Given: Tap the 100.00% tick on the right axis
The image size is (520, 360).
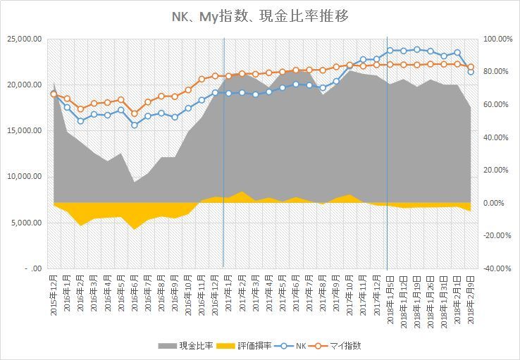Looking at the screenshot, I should [493, 39].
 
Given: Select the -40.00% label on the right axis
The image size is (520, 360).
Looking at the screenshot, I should [493, 268].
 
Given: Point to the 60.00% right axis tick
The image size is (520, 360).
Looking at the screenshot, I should [495, 104].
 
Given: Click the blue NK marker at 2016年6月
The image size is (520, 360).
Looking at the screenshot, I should [135, 125].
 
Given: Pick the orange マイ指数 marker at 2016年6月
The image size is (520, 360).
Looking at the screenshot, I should [135, 113].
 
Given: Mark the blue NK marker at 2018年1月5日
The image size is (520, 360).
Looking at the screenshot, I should [390, 50].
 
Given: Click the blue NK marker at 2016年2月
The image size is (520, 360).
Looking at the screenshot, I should [80, 120].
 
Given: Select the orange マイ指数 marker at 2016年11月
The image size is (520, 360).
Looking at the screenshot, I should [202, 79].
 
